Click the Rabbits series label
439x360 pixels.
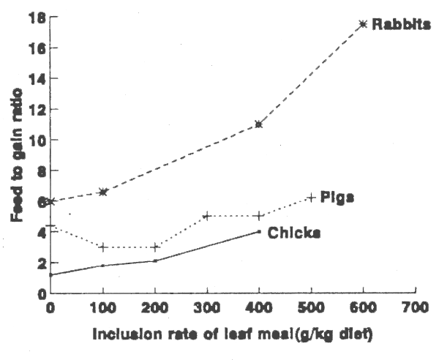tap(400, 24)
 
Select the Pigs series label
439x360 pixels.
tap(339, 198)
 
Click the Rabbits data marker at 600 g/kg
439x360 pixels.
tap(363, 24)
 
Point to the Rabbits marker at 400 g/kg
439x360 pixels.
tap(259, 124)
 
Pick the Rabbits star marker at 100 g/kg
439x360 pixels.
tap(103, 192)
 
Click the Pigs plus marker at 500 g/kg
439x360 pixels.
tap(311, 198)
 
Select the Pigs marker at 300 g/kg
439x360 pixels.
tap(207, 216)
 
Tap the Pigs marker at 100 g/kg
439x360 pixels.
tap(103, 247)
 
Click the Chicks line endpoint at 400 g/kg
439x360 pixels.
tap(259, 231)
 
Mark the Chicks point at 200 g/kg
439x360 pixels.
tap(155, 260)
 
